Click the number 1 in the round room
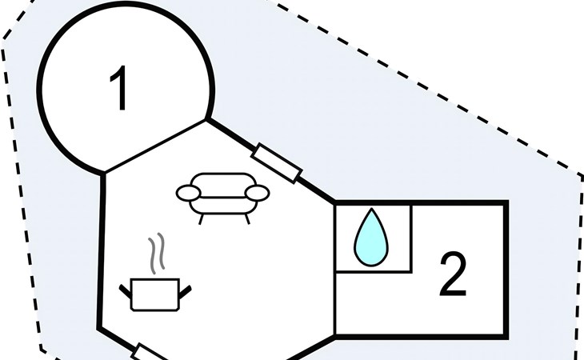coord(119,90)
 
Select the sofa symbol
coord(222,194)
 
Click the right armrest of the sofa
coord(257,192)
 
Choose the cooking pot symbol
coord(156,293)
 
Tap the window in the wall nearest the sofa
coord(276,162)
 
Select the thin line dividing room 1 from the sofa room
coord(155,146)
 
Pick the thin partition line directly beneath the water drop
coord(372,270)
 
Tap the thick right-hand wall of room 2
coord(506,269)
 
